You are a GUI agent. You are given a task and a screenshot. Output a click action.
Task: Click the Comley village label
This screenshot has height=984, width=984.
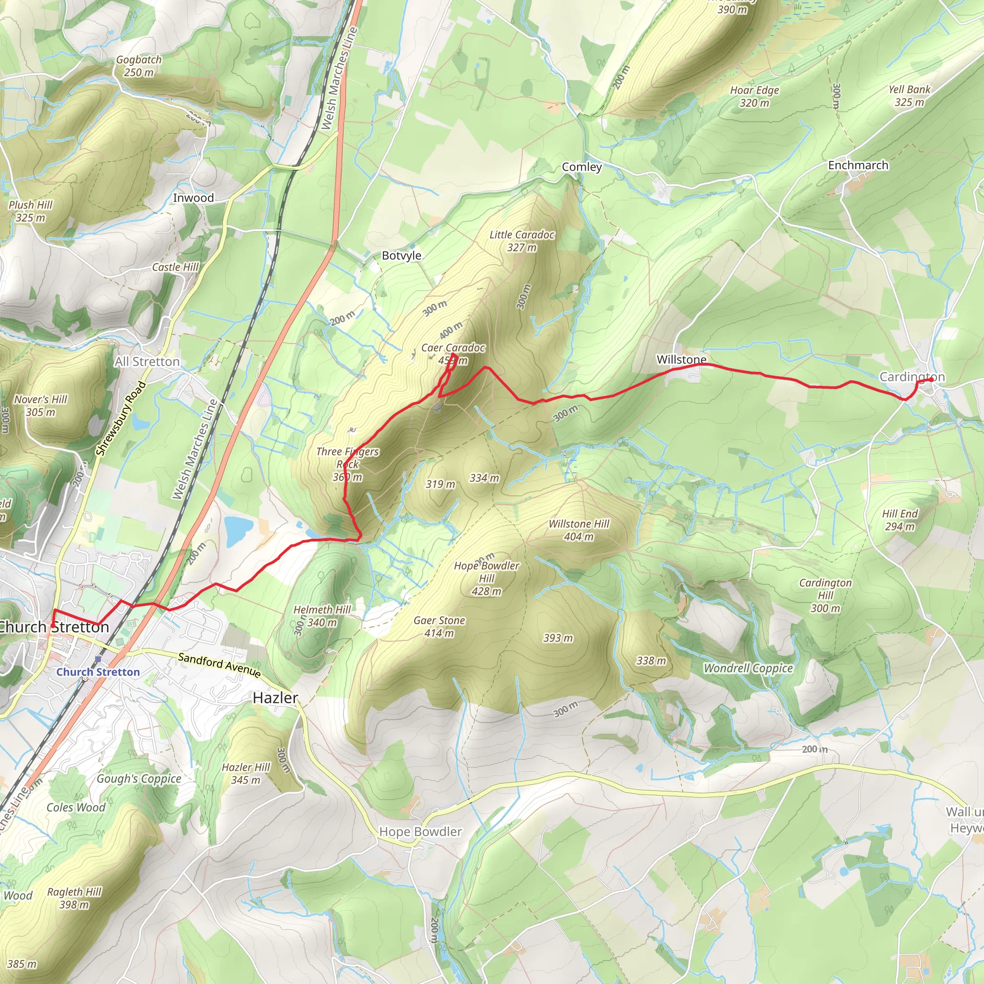(582, 167)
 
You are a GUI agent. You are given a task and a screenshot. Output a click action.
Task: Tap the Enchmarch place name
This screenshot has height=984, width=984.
(858, 166)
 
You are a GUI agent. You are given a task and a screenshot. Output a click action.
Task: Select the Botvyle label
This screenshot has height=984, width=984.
(401, 256)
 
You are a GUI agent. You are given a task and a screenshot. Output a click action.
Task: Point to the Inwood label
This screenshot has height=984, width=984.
(193, 198)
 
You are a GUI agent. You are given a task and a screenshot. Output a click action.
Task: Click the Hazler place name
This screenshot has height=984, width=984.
(275, 698)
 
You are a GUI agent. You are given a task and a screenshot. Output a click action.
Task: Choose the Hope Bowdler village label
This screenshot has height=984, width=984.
(420, 832)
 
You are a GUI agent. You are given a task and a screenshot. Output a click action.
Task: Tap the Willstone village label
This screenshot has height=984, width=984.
(681, 359)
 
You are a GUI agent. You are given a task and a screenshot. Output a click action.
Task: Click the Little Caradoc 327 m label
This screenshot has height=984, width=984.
(521, 241)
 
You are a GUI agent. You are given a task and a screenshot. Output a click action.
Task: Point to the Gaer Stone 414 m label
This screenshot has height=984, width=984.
(439, 627)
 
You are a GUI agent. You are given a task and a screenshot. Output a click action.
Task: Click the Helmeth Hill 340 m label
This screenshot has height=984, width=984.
(322, 616)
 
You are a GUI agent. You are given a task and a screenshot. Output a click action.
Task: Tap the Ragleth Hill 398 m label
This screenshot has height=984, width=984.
(74, 898)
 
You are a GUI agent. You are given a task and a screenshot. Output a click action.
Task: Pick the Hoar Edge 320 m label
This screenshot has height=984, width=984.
(754, 96)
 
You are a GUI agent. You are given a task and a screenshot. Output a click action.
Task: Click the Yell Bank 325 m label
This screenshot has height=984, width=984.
(909, 96)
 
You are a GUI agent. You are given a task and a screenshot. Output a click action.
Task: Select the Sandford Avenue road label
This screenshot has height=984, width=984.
(220, 664)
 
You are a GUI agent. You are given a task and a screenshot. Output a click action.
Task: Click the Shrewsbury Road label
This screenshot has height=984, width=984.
(121, 418)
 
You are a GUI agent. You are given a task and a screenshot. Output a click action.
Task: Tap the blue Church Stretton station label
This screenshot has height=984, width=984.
(98, 672)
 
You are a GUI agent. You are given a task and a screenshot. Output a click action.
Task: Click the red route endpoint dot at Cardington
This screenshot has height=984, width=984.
(931, 380)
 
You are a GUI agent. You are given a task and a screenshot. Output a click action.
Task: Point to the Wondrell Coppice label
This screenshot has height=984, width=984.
(748, 668)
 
